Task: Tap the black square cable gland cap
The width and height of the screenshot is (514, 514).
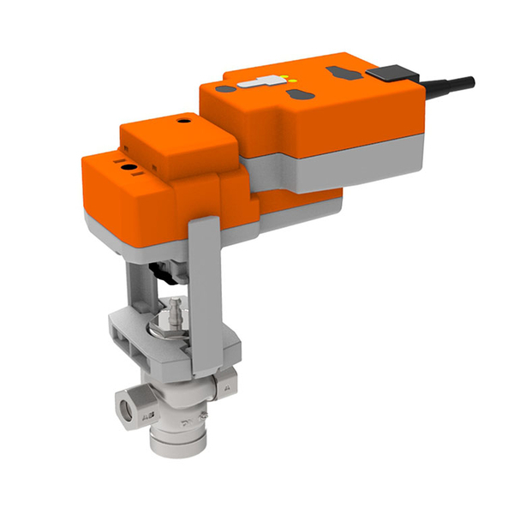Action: tap(391, 73)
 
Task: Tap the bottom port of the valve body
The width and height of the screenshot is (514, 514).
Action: tap(175, 444)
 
